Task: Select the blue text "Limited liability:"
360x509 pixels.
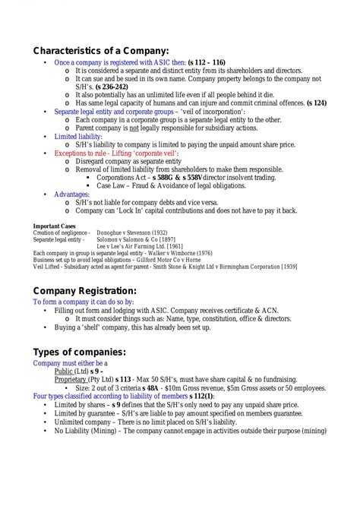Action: (78, 136)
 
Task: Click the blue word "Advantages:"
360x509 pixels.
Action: (73, 194)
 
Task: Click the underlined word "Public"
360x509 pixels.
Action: (66, 371)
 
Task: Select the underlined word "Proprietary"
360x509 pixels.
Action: (75, 379)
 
